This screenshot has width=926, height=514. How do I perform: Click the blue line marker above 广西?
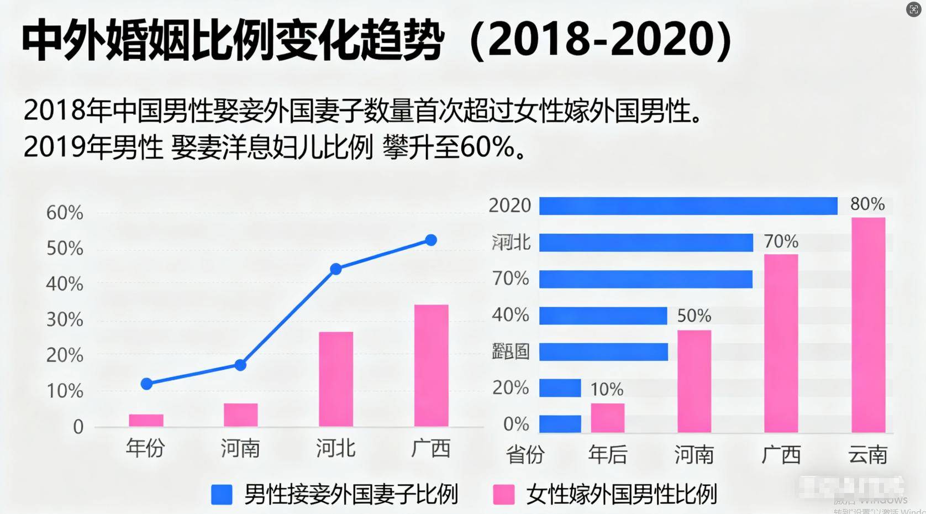431,240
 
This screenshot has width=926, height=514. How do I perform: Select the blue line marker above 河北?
336,269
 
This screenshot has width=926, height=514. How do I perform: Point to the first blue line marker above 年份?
146,384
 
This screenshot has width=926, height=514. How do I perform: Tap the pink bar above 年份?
146,421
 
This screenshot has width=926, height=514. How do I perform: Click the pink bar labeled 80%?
868,325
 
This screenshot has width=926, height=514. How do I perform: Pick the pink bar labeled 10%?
608,418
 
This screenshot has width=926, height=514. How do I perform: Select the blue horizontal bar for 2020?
688,206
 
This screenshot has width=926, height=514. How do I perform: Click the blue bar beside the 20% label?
560,388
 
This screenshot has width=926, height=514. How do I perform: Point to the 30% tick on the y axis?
65,319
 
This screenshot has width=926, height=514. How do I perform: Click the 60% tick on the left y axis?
65,213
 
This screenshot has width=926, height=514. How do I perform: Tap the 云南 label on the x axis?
868,455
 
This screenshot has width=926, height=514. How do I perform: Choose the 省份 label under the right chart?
525,455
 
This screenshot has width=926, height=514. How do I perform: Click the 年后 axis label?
608,455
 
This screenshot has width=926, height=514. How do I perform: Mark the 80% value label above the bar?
867,204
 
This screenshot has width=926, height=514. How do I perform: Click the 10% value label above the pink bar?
607,390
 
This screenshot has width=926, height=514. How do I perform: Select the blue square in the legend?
222,495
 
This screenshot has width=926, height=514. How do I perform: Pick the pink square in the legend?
503,495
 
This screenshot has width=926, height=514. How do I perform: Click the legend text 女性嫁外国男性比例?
622,494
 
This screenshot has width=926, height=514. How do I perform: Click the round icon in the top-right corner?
914,9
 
